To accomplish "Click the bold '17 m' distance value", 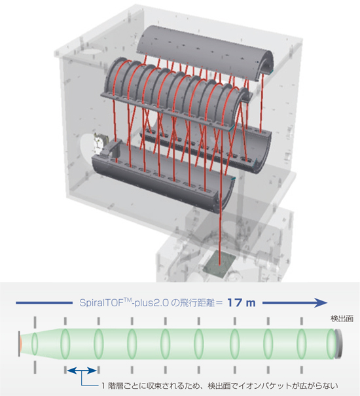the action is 242,302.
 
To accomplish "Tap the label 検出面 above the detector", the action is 342,319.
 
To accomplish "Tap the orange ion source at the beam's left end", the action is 20,344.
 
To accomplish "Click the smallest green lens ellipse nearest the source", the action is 35,344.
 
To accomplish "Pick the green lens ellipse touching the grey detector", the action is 331,344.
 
